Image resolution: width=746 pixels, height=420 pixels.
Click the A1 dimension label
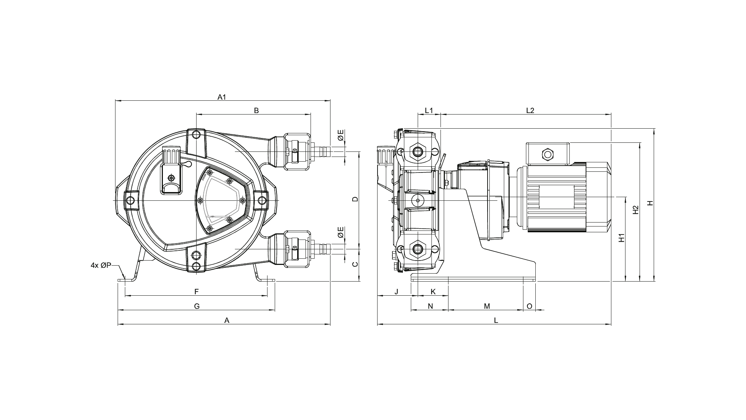(222, 97)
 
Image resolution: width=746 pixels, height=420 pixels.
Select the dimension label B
(256, 111)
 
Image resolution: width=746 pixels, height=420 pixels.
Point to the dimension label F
(197, 292)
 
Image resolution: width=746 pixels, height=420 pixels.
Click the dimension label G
(197, 306)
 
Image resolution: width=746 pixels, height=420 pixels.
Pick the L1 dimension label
(429, 110)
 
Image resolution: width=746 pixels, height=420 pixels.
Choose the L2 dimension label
(530, 110)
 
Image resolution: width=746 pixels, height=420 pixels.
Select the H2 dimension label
(636, 211)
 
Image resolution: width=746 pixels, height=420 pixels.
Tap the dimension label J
(396, 292)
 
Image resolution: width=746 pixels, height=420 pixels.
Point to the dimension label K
(433, 292)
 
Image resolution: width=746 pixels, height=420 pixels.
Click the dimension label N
(430, 306)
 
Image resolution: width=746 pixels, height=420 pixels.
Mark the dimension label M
(487, 306)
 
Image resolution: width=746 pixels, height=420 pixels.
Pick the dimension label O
(529, 306)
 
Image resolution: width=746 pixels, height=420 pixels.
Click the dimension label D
(355, 199)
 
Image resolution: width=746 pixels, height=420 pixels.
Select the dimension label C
(355, 264)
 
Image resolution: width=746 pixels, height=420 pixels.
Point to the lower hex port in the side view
(418, 249)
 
